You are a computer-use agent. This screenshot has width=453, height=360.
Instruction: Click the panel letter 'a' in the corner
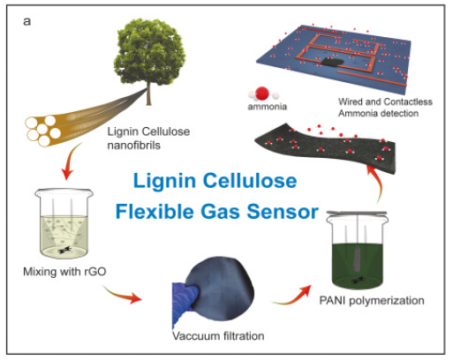pos(26,20)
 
